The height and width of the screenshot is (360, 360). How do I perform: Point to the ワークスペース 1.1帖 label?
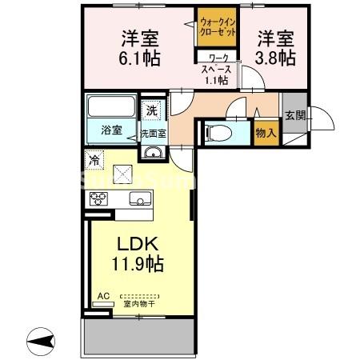click(218, 69)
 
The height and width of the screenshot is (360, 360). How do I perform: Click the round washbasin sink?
click(153, 154)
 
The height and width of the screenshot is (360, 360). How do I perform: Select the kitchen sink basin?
click(140, 199)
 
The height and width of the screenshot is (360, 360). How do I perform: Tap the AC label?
click(102, 295)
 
